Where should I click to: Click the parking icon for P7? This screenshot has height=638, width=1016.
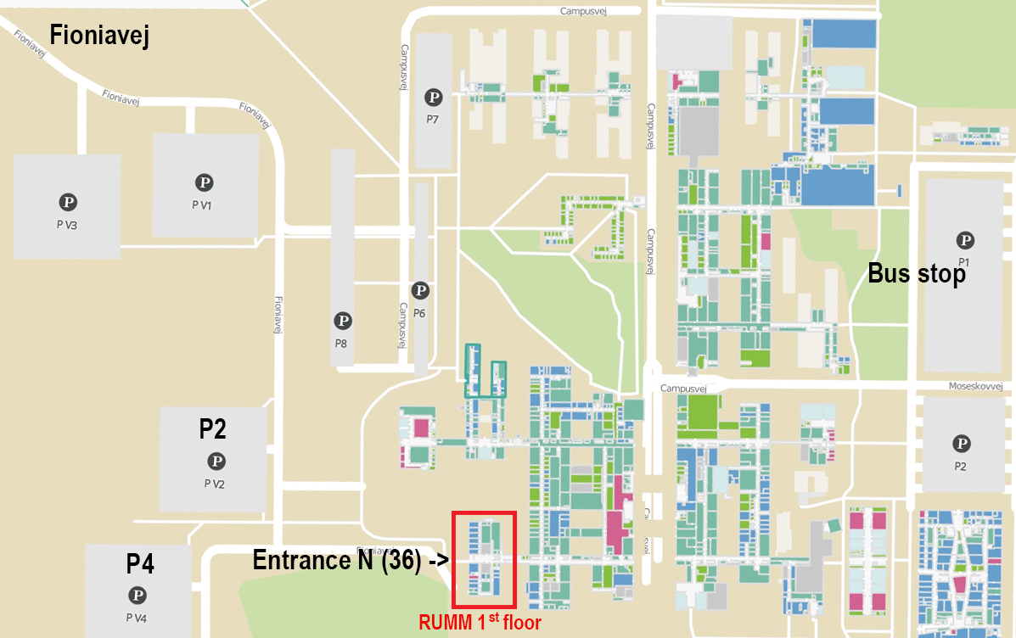pyautogui.click(x=434, y=98)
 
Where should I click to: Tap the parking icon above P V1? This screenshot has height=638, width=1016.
pyautogui.click(x=205, y=182)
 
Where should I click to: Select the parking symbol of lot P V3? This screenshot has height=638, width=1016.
pyautogui.click(x=68, y=202)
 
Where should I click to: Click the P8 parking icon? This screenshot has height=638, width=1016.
pyautogui.click(x=343, y=321)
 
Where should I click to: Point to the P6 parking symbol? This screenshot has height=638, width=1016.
pyautogui.click(x=420, y=291)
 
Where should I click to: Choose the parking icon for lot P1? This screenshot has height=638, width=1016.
pyautogui.click(x=964, y=240)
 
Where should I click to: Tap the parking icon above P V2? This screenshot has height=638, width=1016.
pyautogui.click(x=217, y=462)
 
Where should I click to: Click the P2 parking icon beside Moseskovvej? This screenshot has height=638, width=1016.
pyautogui.click(x=962, y=443)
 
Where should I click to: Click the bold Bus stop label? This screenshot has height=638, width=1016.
pyautogui.click(x=916, y=274)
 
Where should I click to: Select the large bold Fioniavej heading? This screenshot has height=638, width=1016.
pyautogui.click(x=99, y=36)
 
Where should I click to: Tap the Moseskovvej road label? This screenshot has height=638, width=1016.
pyautogui.click(x=981, y=387)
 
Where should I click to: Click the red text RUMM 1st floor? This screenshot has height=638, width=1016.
pyautogui.click(x=480, y=623)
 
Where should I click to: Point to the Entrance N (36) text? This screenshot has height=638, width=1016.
pyautogui.click(x=337, y=560)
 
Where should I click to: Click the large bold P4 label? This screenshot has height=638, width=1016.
pyautogui.click(x=140, y=563)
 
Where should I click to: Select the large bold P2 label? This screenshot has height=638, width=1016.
pyautogui.click(x=212, y=429)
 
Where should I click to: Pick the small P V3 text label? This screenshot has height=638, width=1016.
pyautogui.click(x=68, y=225)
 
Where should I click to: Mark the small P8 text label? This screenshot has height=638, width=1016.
pyautogui.click(x=341, y=344)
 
